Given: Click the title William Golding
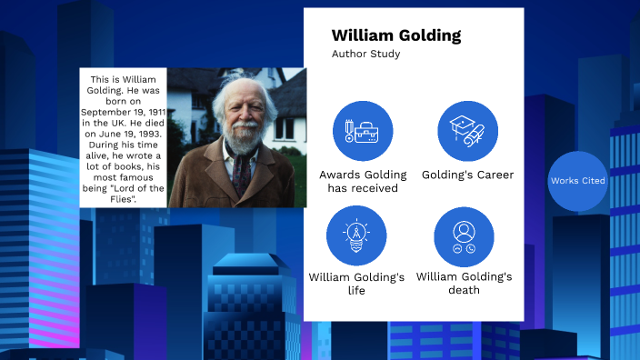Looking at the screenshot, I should [395, 36].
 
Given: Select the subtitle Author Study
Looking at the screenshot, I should [365, 55].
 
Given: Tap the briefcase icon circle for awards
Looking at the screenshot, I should [363, 131].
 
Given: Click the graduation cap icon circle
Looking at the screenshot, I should [467, 131].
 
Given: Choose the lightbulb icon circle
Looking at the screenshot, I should [356, 236].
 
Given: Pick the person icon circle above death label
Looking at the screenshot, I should [464, 236].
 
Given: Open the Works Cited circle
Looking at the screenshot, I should [578, 181].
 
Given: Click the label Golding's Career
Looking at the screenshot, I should [467, 175].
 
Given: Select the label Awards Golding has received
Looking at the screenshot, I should [363, 181].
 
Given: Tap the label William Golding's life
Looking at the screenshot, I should [356, 284].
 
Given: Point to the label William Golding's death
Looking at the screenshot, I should [464, 284].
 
